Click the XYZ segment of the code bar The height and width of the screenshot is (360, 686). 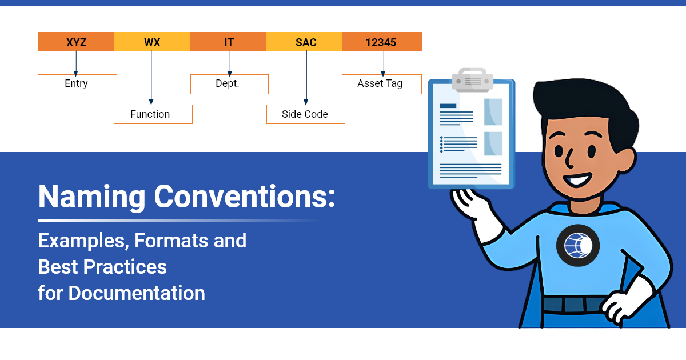tap(76, 42)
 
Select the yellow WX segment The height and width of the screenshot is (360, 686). tap(152, 42)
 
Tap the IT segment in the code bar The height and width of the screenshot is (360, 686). tap(229, 42)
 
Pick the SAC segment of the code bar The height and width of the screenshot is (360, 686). tap(305, 42)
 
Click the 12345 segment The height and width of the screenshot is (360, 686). tap(382, 42)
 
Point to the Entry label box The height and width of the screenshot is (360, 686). tap(77, 84)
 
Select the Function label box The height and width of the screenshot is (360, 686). tap(153, 114)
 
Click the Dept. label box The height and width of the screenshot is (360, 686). tap(229, 84)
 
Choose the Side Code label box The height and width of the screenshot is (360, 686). tap(305, 114)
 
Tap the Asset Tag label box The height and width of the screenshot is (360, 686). tap(381, 84)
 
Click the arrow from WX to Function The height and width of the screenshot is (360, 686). tap(152, 78)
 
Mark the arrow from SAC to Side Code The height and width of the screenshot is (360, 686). tap(306, 78)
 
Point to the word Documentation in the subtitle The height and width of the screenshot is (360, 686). tap(137, 293)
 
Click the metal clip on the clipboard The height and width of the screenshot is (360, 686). tap(472, 81)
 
